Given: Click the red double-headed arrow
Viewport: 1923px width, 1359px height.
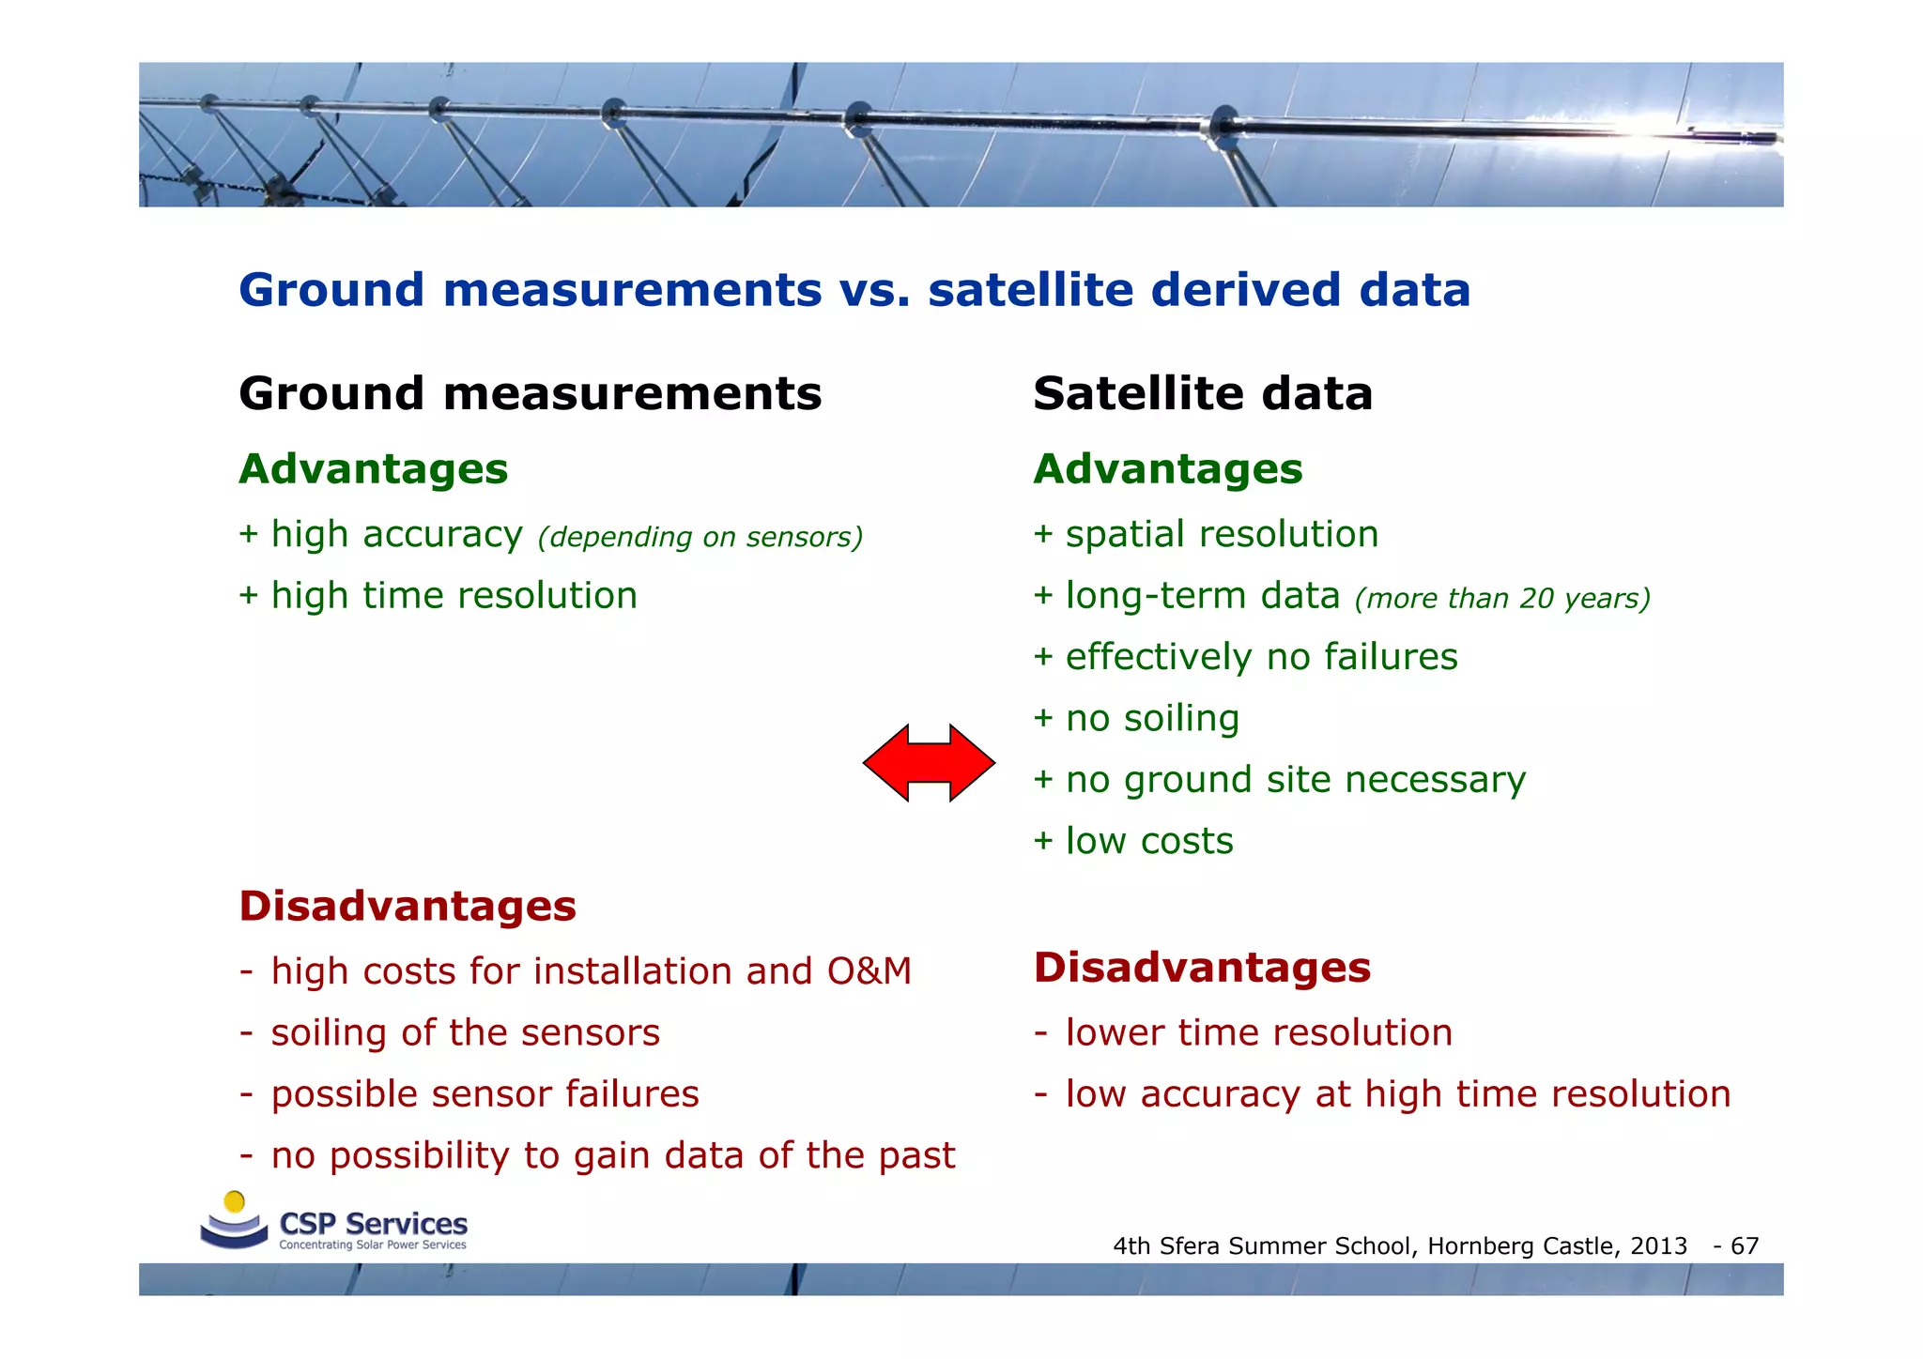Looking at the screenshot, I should (x=929, y=762).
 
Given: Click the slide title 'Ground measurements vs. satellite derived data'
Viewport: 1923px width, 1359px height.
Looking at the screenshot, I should (x=854, y=289).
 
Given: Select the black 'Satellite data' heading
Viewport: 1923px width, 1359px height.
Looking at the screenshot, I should (x=1202, y=393).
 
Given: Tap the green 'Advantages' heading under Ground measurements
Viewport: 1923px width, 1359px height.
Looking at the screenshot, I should (x=373, y=469).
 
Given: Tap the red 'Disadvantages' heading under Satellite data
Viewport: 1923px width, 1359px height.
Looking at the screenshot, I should (x=1202, y=968).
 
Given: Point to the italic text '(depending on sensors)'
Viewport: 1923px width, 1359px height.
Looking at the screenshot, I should (x=700, y=537).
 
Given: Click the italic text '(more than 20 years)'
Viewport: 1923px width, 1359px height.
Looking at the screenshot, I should (x=1502, y=598).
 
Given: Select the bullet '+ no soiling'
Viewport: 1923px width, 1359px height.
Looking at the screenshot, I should (x=1136, y=718).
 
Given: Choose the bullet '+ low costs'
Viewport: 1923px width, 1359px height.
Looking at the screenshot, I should (x=1133, y=841).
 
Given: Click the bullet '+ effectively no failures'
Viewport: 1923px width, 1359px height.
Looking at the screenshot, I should (x=1245, y=657).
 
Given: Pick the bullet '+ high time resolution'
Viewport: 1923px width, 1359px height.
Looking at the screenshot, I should (x=438, y=596).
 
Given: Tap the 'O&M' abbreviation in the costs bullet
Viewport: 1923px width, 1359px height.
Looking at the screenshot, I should (x=869, y=971).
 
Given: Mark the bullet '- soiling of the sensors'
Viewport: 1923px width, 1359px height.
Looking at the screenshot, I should (x=451, y=1032).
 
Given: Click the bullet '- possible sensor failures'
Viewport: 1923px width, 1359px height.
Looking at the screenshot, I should (x=469, y=1094).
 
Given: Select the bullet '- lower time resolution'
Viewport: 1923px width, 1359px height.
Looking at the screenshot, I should (x=1244, y=1032).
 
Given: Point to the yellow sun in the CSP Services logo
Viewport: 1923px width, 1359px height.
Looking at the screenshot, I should (x=235, y=1202).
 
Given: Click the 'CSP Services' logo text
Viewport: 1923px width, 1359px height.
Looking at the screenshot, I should (x=373, y=1224).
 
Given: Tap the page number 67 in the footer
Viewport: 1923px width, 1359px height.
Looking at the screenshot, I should (x=1745, y=1246).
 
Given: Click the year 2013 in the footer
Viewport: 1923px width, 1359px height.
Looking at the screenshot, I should (x=1658, y=1246).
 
